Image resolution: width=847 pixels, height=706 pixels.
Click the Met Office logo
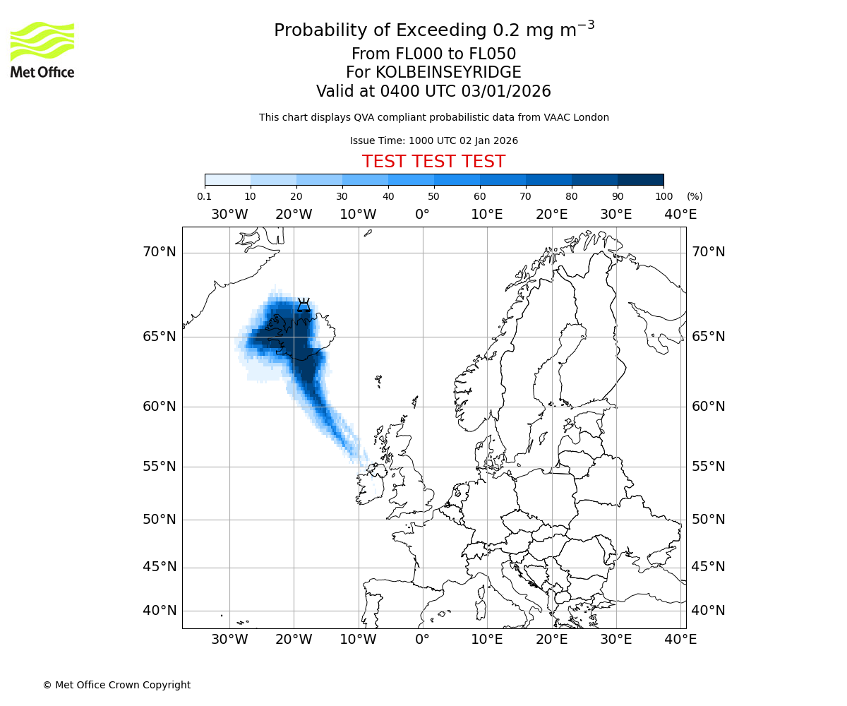coord(42,49)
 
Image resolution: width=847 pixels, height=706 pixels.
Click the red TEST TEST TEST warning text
coord(433,162)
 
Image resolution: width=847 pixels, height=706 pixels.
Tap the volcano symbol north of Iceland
coord(304,305)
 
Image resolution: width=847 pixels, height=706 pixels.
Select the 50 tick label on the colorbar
coord(433,196)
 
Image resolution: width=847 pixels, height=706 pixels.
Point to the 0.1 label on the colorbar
coord(204,196)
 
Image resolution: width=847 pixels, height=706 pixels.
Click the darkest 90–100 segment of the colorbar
coord(640,179)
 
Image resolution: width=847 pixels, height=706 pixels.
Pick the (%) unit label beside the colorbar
coord(695,196)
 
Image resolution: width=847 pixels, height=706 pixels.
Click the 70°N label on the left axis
coord(160,252)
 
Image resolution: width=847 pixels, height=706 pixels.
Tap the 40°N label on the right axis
coord(708,610)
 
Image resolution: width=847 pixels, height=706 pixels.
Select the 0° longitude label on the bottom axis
coord(422,640)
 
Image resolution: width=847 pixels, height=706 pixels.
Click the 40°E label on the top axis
coord(680,215)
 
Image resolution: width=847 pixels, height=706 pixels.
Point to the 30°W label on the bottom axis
coord(229,640)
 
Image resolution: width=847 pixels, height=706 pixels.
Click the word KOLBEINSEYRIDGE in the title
coord(448,73)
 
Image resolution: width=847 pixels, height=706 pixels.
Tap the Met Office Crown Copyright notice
coord(116,685)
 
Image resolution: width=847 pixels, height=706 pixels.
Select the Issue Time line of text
coord(433,140)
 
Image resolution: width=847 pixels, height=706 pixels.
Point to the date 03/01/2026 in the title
coord(506,92)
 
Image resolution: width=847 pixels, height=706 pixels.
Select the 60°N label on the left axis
coord(160,407)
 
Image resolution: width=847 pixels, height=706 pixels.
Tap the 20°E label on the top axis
coord(551,215)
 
